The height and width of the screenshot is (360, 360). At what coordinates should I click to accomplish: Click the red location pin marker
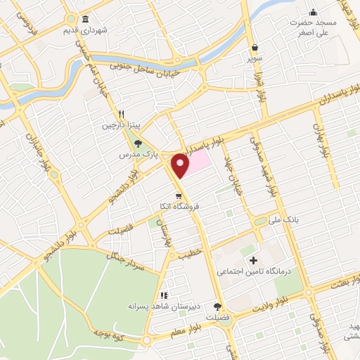[181, 165]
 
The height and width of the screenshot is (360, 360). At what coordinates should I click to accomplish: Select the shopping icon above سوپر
[254, 46]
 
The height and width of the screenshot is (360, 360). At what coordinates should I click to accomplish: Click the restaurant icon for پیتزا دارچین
[121, 114]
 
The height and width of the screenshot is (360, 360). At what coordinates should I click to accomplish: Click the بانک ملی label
[287, 221]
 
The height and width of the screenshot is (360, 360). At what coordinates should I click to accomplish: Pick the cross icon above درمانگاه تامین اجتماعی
[253, 261]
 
